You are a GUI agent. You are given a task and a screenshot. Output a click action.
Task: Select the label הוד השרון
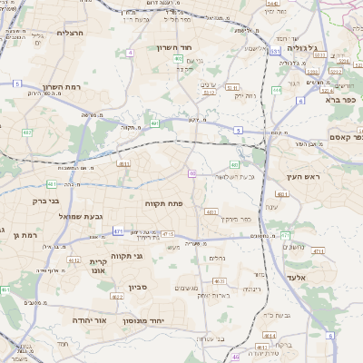coord(176,47)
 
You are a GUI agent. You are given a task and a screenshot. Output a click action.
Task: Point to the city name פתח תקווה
coord(164,204)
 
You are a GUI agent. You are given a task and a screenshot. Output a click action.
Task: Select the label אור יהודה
coord(89,320)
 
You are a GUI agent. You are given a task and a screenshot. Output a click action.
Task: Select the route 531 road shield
coord(275,53)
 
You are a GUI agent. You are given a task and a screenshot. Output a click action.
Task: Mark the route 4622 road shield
coord(117,297)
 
